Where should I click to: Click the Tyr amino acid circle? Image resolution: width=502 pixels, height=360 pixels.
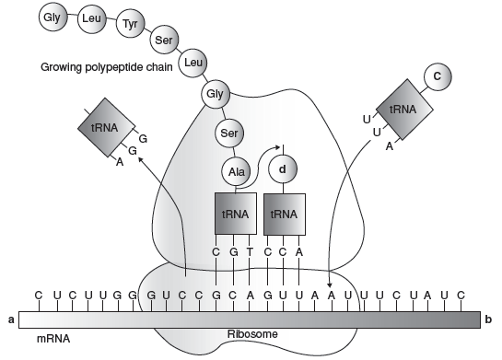pyautogui.click(x=130, y=23)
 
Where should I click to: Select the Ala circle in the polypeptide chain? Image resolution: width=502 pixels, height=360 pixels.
pyautogui.click(x=237, y=171)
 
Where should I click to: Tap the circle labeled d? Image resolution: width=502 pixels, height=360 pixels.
pyautogui.click(x=283, y=169)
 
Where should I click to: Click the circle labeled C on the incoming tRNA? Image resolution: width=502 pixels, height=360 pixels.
pyautogui.click(x=438, y=76)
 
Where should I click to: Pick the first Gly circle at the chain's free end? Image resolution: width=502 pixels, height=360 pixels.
pyautogui.click(x=53, y=17)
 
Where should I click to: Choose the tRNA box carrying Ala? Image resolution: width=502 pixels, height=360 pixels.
pyautogui.click(x=236, y=214)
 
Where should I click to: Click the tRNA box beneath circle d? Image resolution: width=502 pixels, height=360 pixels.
pyautogui.click(x=285, y=214)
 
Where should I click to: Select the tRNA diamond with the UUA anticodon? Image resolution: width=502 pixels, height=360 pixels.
pyautogui.click(x=404, y=110)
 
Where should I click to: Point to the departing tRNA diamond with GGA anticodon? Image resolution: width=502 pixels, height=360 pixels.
pyautogui.click(x=106, y=127)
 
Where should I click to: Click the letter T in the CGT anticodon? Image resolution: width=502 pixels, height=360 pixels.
pyautogui.click(x=250, y=252)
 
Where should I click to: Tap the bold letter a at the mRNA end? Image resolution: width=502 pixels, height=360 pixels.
pyautogui.click(x=11, y=319)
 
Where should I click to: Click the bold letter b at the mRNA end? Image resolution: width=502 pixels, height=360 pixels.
pyautogui.click(x=488, y=319)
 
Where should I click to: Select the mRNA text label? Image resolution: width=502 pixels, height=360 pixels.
pyautogui.click(x=53, y=338)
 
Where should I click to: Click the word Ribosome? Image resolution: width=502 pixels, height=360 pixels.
pyautogui.click(x=252, y=334)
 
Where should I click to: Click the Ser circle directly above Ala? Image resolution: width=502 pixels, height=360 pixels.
pyautogui.click(x=229, y=133)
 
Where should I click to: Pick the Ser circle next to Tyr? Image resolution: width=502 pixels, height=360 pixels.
pyautogui.click(x=164, y=40)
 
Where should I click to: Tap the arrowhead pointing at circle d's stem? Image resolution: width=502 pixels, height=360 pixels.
pyautogui.click(x=277, y=147)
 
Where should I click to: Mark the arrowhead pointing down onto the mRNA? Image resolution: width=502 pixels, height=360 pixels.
pyautogui.click(x=330, y=285)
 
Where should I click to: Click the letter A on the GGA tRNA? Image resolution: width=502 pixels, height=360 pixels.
pyautogui.click(x=120, y=162)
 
